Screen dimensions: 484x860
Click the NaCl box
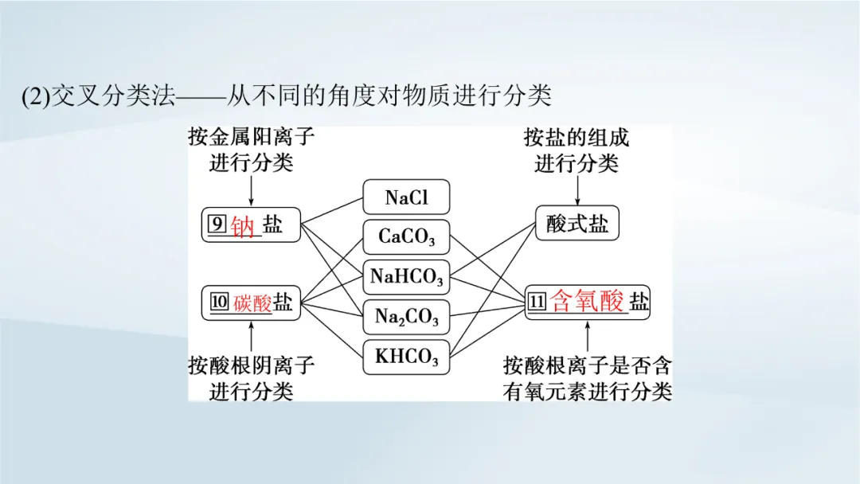(x=406, y=197)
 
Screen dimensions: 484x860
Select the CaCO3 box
(x=406, y=236)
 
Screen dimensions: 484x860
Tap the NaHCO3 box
(x=406, y=276)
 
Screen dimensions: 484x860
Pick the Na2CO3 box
(x=406, y=317)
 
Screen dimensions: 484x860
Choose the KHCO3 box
(x=406, y=357)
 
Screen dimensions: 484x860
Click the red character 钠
(x=242, y=227)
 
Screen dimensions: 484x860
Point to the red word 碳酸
(x=253, y=302)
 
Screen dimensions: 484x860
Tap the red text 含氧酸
(x=588, y=302)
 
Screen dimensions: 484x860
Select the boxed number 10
(x=219, y=302)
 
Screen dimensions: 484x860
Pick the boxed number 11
(x=537, y=302)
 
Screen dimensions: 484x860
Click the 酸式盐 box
(x=577, y=224)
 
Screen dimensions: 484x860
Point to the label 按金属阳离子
(x=251, y=137)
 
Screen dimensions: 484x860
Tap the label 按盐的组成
(x=577, y=137)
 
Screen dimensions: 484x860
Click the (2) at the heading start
(x=36, y=97)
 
